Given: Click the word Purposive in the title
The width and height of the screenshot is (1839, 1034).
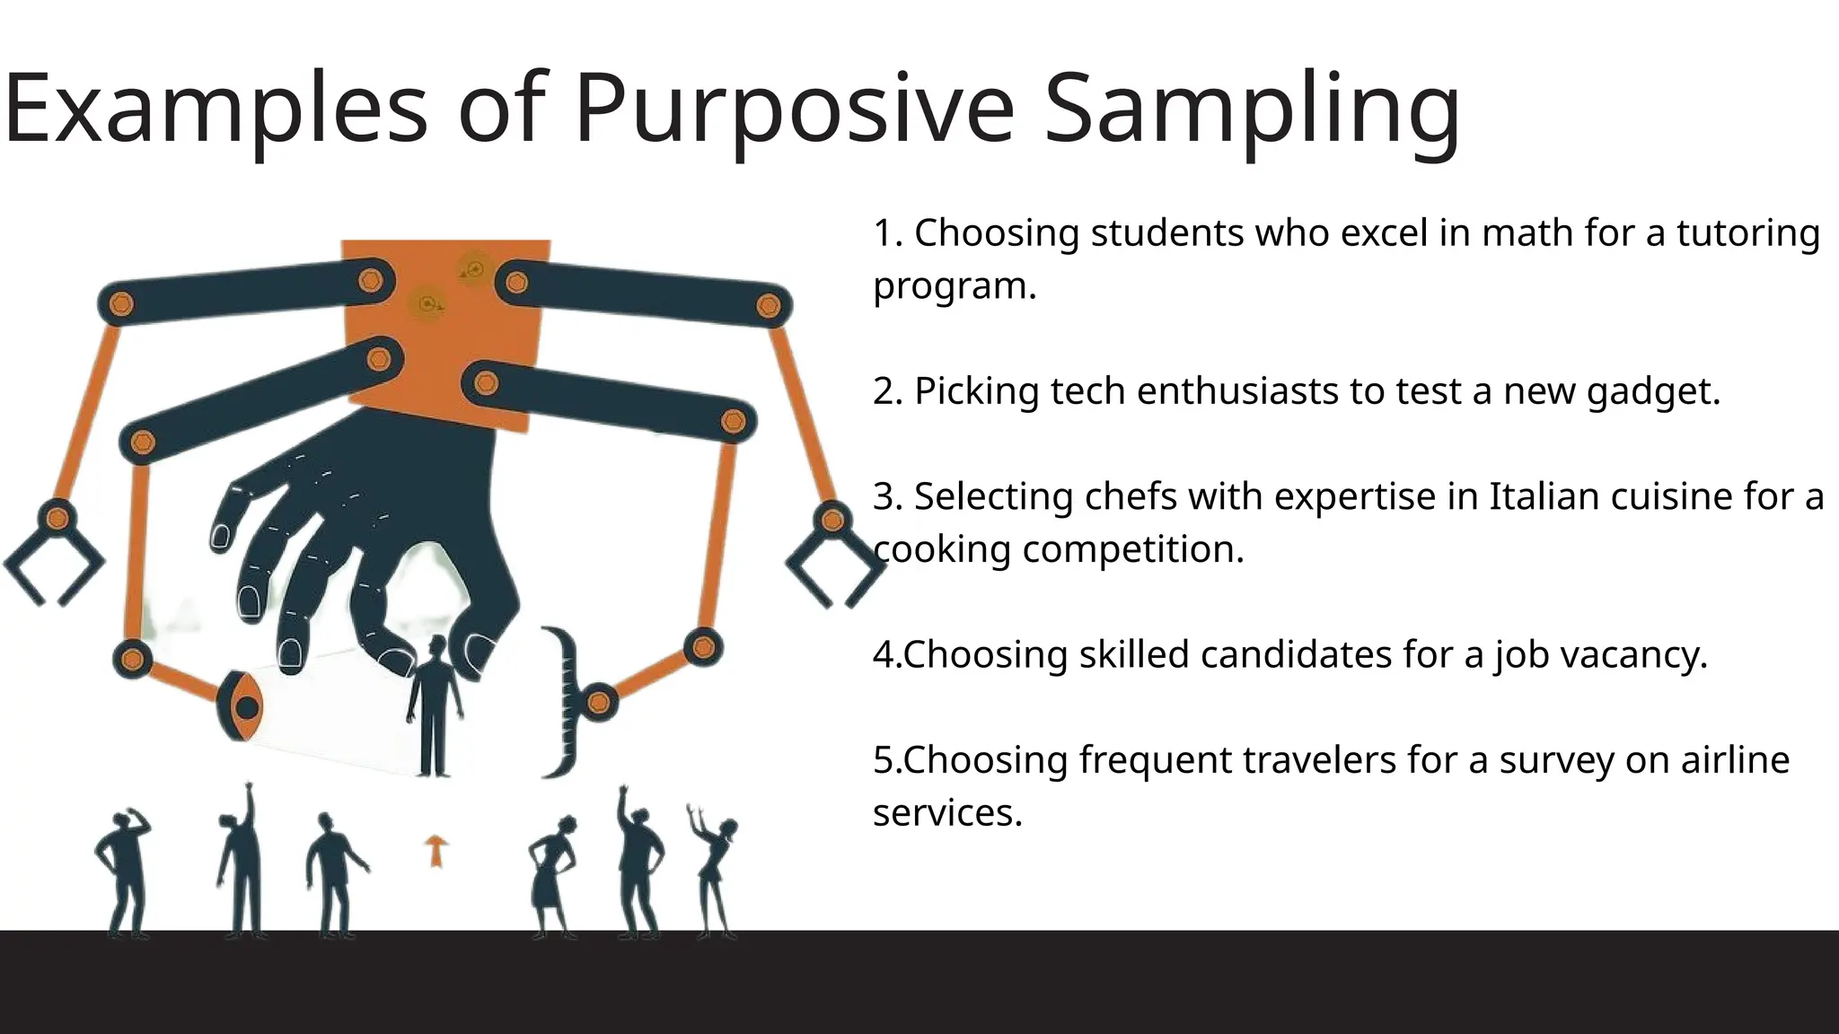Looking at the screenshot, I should pyautogui.click(x=794, y=110).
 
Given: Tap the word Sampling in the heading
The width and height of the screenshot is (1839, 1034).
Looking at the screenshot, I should pyautogui.click(x=1252, y=110).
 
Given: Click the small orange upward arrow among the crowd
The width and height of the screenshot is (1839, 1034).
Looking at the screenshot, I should pyautogui.click(x=436, y=850).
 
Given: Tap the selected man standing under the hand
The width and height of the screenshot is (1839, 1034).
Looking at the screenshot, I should pyautogui.click(x=435, y=709).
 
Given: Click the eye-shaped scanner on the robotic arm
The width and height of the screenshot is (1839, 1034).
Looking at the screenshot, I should pyautogui.click(x=241, y=706).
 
